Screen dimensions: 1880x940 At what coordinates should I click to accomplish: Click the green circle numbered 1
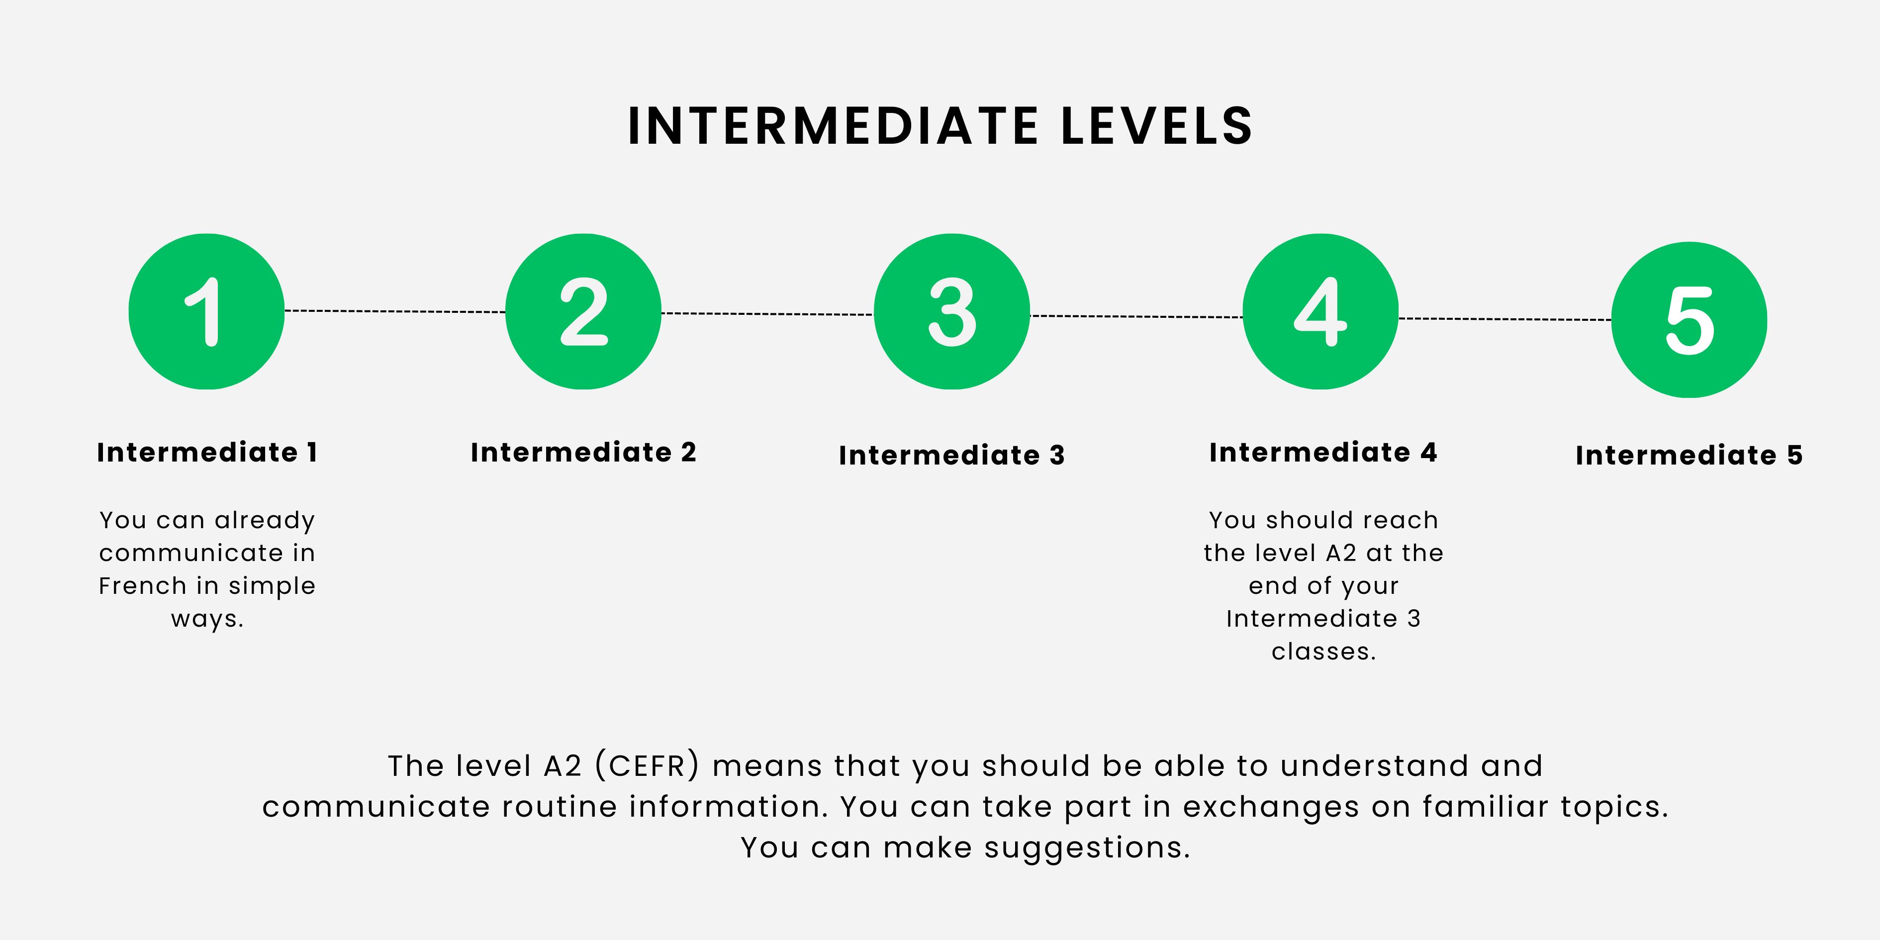tap(206, 312)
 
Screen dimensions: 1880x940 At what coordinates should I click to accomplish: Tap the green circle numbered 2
tap(583, 312)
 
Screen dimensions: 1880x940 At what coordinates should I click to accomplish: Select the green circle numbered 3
tap(951, 312)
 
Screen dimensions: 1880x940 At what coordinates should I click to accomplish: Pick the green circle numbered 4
tap(1320, 312)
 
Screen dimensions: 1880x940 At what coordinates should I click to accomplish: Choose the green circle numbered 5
tap(1690, 320)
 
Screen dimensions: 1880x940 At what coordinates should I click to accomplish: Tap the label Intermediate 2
tap(583, 453)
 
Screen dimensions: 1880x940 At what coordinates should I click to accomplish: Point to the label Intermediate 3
tap(951, 456)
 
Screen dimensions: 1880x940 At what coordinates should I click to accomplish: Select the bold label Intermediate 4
tap(1323, 453)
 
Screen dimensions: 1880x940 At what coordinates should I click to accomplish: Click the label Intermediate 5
tap(1690, 456)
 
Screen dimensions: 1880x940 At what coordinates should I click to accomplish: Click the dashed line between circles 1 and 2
tap(395, 312)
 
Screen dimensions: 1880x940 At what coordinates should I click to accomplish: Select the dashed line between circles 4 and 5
tap(1505, 319)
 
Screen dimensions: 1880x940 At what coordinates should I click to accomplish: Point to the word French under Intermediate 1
tap(144, 585)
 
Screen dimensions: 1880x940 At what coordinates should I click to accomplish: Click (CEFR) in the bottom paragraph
tap(648, 765)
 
